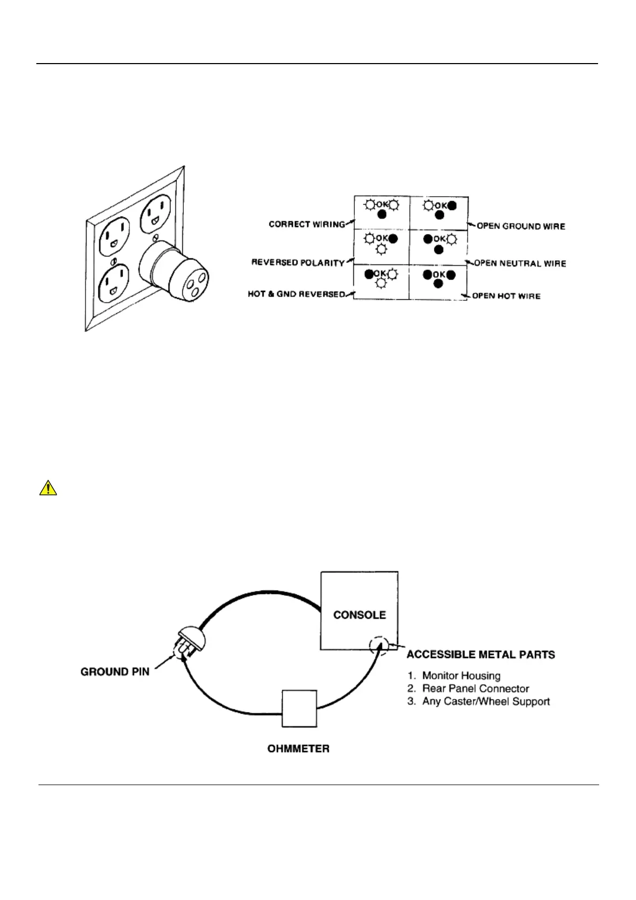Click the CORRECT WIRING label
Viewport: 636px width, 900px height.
307,224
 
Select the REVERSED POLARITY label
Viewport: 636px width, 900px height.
298,263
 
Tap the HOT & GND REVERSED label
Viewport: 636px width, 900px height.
296,294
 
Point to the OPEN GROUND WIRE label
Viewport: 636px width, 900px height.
521,226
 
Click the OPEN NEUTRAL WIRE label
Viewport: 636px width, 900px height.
520,263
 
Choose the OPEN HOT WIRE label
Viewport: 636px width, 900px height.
506,296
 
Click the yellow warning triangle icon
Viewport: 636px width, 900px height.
48,488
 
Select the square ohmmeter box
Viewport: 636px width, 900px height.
299,709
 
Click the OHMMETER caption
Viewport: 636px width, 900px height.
298,749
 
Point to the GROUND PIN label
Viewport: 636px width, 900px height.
115,672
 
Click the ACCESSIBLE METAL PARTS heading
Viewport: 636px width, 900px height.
480,655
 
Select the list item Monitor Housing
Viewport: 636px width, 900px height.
461,676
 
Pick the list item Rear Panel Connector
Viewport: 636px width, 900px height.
475,689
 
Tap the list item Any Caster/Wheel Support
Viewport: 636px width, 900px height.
485,701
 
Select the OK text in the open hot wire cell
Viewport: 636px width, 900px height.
439,275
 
